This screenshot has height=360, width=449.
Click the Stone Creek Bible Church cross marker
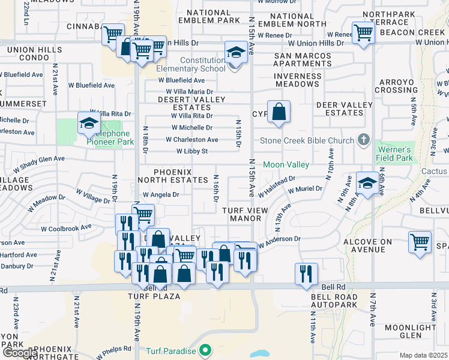(x=363, y=140)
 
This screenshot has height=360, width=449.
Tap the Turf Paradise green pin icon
(x=205, y=349)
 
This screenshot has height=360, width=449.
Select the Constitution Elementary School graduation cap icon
(x=236, y=53)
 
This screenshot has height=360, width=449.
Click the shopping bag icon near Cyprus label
(x=279, y=112)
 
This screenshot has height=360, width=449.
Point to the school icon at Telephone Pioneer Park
(x=89, y=124)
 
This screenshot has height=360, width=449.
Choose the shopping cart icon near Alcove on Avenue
(x=420, y=242)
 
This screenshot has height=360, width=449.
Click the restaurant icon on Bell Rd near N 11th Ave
(x=306, y=274)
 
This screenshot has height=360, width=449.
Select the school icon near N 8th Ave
(x=367, y=184)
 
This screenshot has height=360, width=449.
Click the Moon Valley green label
(x=286, y=164)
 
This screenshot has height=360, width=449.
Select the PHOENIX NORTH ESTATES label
(x=173, y=176)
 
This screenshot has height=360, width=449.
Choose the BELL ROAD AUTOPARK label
(x=335, y=301)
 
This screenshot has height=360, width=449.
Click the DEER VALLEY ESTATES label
(x=340, y=109)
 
